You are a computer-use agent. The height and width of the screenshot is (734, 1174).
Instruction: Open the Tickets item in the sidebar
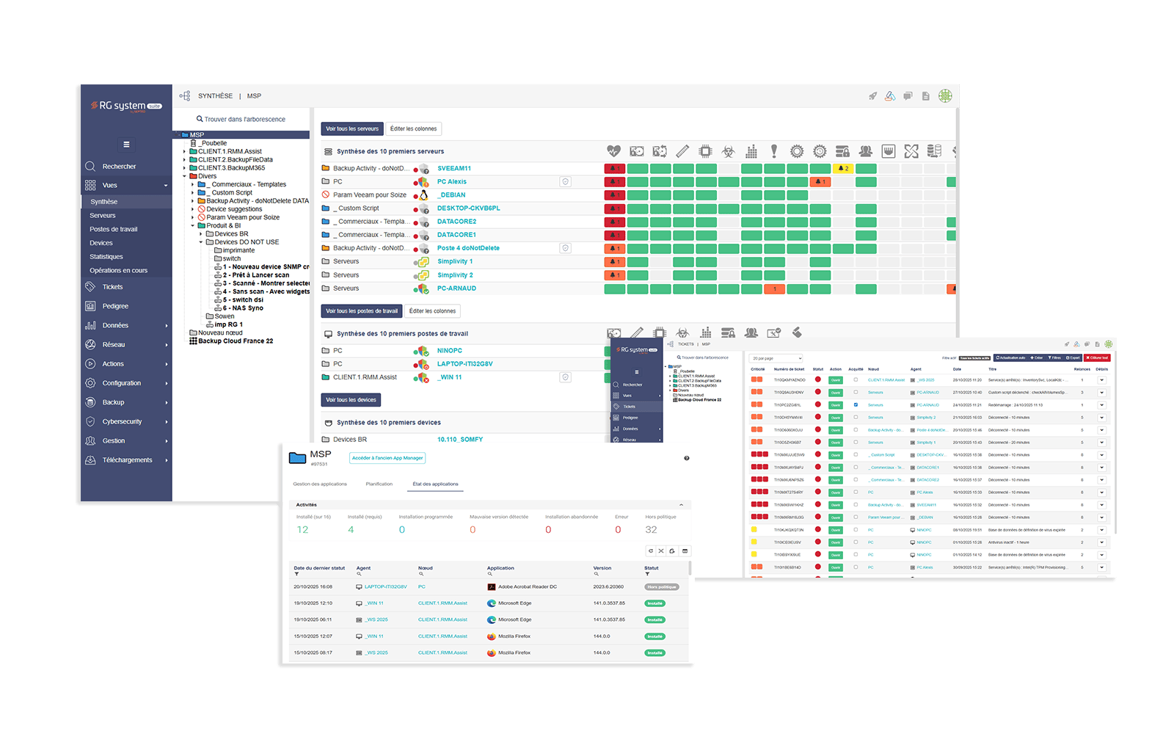point(112,287)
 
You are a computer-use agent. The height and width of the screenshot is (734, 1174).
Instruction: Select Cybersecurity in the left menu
point(122,421)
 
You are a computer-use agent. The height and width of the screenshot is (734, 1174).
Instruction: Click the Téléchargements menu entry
point(127,460)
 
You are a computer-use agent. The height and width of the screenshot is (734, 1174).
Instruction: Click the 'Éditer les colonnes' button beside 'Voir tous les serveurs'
point(413,129)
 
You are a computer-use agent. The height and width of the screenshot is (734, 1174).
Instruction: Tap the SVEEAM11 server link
point(453,168)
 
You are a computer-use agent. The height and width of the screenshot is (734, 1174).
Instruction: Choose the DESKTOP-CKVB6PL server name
point(468,208)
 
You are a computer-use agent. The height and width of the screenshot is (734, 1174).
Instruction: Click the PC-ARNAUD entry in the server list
point(456,288)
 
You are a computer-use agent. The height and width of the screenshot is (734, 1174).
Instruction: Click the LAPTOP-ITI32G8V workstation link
point(464,364)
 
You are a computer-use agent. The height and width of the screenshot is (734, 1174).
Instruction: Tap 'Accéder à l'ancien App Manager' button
point(387,458)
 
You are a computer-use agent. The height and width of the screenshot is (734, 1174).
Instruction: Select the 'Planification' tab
point(379,484)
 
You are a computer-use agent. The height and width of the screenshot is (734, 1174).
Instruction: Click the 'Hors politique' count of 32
point(651,530)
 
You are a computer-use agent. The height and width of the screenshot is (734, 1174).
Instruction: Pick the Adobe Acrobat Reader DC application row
point(527,587)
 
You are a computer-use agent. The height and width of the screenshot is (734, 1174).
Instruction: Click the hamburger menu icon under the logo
point(126,145)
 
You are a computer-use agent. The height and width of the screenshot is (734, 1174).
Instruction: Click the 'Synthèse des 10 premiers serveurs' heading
point(390,152)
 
